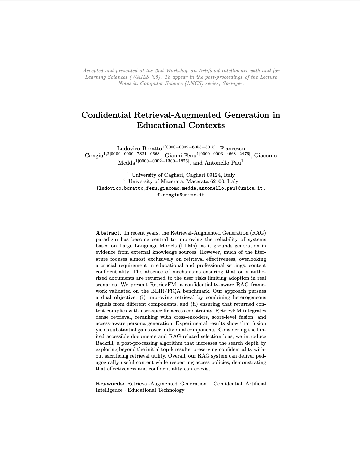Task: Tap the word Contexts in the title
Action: [x=207, y=125]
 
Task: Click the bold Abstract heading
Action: [x=108, y=233]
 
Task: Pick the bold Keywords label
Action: [x=110, y=384]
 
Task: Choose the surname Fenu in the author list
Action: [x=190, y=156]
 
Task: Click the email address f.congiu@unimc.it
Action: [x=181, y=195]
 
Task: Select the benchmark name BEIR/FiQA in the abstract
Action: [x=165, y=291]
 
